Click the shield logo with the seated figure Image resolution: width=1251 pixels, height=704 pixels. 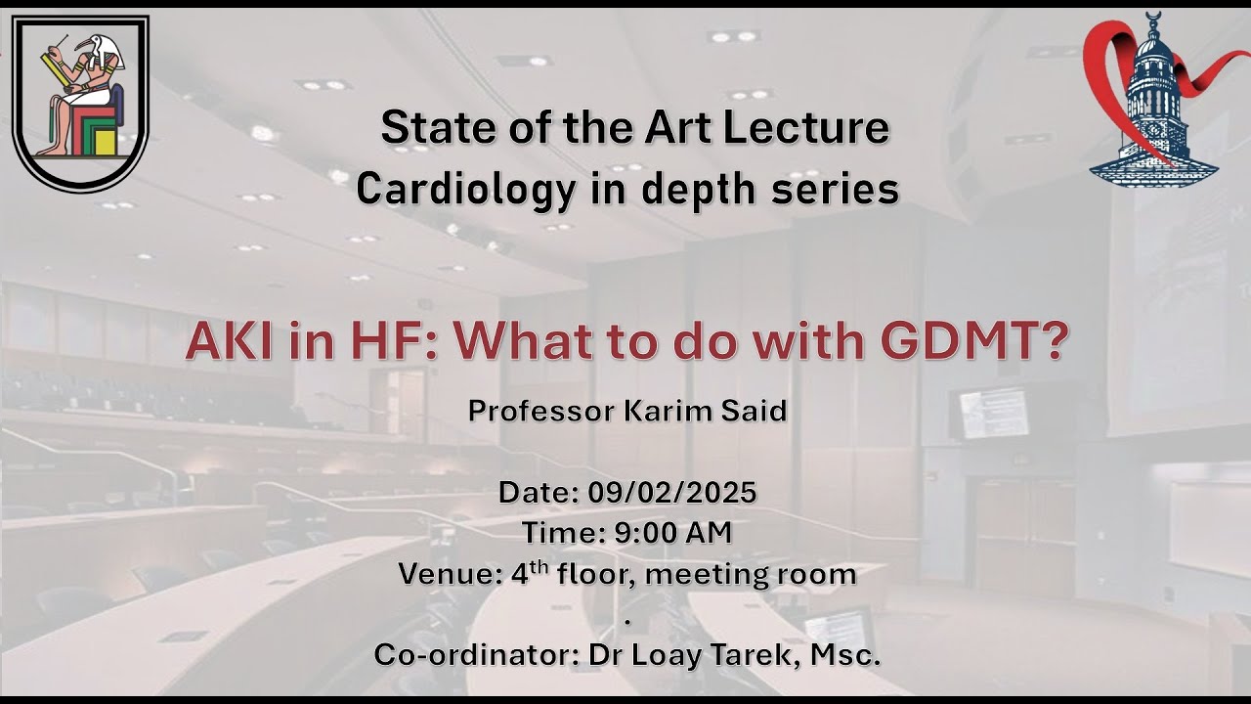pyautogui.click(x=80, y=102)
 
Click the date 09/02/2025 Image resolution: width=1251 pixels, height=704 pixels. pyautogui.click(x=672, y=492)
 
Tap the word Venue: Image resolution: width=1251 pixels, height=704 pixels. pyautogui.click(x=450, y=574)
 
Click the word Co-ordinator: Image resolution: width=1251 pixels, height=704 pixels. pyautogui.click(x=475, y=655)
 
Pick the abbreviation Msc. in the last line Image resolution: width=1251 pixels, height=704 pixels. pyautogui.click(x=846, y=655)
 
